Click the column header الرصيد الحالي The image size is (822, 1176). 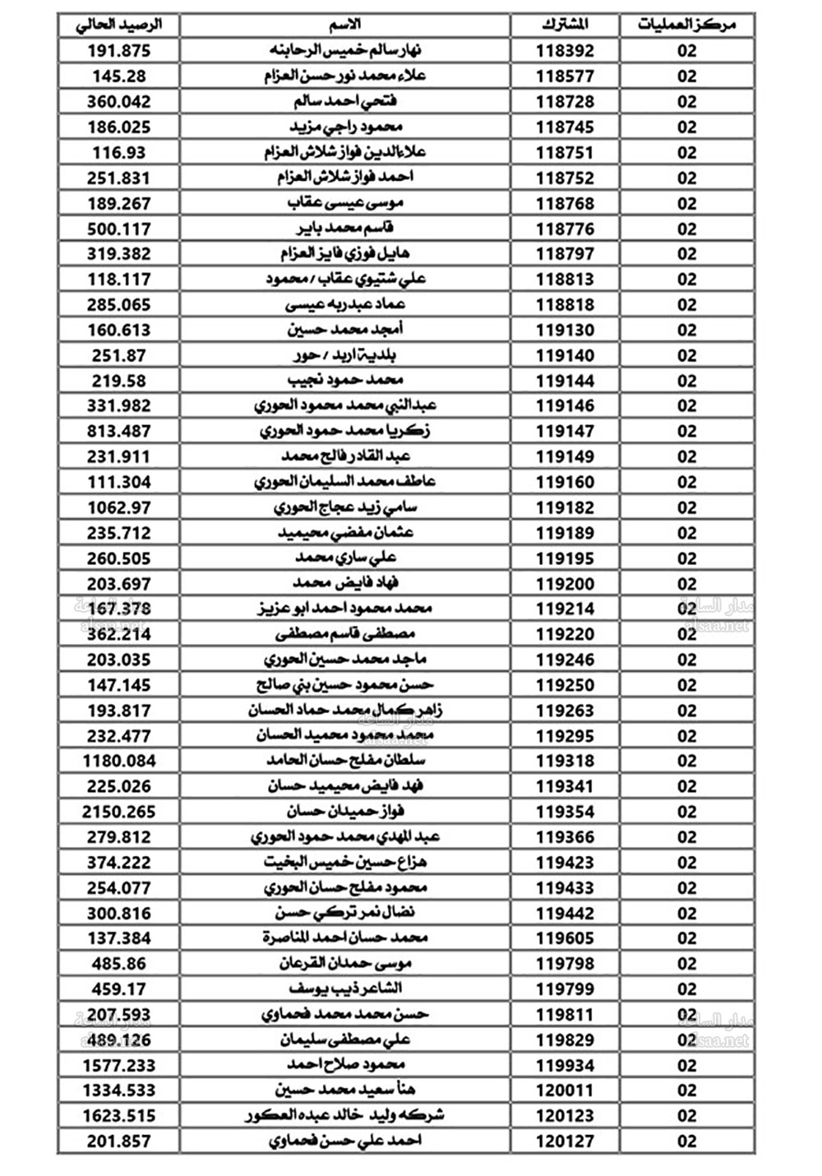(119, 25)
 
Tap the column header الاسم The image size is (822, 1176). (345, 25)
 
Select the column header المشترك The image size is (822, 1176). (565, 25)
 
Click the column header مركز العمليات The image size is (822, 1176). (686, 25)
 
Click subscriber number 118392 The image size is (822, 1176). (565, 51)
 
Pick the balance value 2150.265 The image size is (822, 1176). (119, 812)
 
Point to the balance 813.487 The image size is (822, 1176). (119, 432)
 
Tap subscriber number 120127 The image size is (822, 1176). (565, 1141)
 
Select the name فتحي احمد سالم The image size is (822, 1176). (345, 102)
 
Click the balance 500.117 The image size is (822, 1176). (119, 229)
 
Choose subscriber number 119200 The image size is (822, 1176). (565, 584)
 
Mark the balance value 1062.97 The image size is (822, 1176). (119, 507)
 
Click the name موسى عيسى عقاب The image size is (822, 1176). (345, 203)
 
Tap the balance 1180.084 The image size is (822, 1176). (119, 761)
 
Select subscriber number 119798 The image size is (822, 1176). (565, 964)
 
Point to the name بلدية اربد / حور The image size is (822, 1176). (345, 356)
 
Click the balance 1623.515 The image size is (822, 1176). (119, 1116)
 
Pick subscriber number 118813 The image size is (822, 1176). (565, 280)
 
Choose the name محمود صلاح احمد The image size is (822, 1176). (345, 1065)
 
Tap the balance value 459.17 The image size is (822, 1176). (119, 988)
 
